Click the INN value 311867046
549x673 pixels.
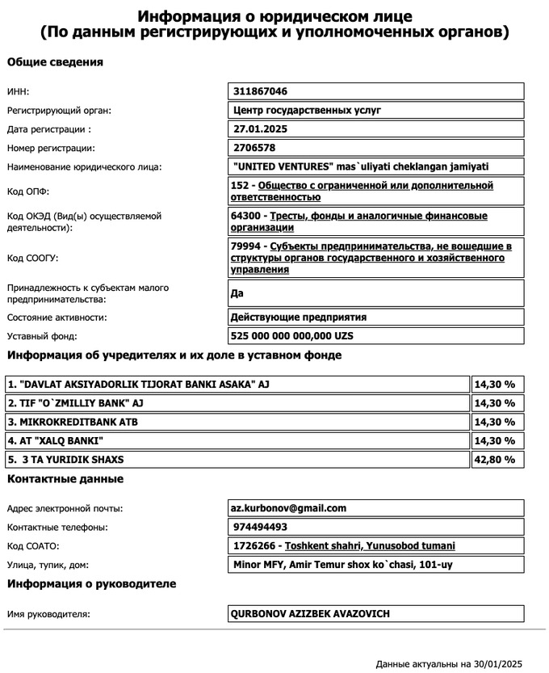pos(259,91)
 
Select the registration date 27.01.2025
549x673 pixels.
pos(259,129)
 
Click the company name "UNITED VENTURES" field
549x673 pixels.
pos(359,167)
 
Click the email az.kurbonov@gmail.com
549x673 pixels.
pos(288,508)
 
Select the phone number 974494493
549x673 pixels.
pos(259,528)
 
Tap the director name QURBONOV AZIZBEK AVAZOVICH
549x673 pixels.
pos(310,614)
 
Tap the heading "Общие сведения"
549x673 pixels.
pos(55,62)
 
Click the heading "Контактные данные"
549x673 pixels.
pos(65,479)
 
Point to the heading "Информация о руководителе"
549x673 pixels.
pos(91,583)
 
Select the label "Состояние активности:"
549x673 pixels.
pos(57,318)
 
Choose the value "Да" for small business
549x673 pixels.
pos(237,293)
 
